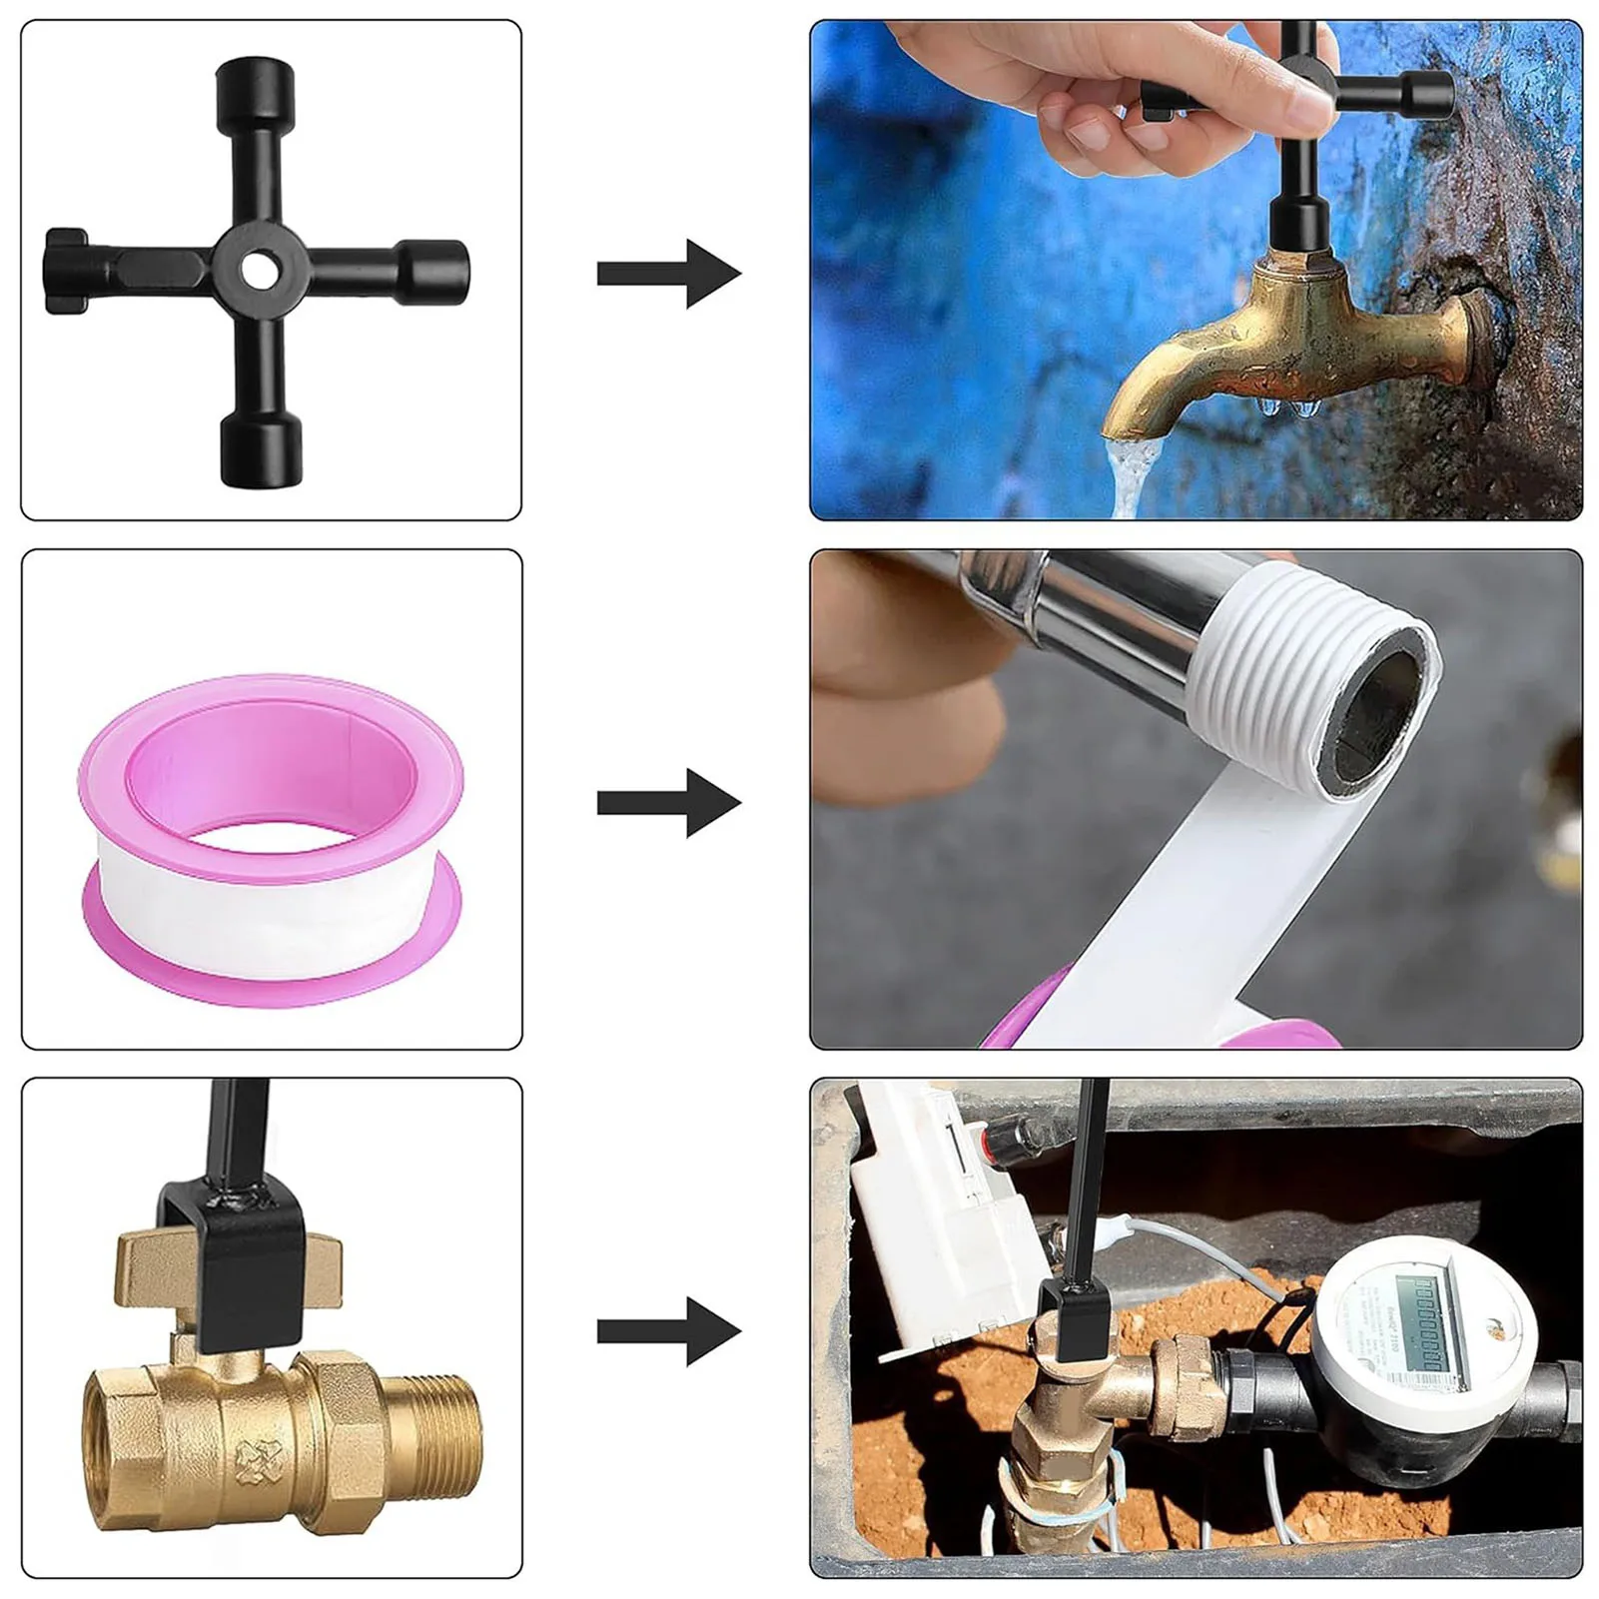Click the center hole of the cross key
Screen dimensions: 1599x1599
click(258, 270)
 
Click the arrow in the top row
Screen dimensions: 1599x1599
click(670, 273)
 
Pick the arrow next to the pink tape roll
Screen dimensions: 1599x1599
click(670, 802)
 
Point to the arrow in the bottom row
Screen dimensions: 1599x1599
click(670, 1330)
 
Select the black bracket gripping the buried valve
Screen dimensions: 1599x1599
click(1066, 1318)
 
